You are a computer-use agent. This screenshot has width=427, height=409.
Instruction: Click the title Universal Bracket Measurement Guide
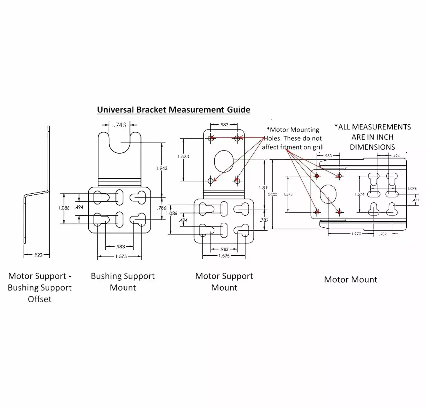[x=173, y=110]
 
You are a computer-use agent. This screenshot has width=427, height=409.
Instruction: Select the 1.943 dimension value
[x=162, y=168]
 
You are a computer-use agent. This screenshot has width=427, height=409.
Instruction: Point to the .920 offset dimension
[x=38, y=255]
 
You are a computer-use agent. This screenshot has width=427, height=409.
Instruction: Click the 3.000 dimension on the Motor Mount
[x=272, y=194]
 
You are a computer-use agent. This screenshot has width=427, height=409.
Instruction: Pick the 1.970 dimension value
[x=356, y=234]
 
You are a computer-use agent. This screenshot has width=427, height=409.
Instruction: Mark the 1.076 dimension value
[x=412, y=188]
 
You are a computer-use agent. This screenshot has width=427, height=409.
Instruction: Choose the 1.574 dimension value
[x=360, y=194]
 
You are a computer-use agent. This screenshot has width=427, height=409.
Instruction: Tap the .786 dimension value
[x=162, y=208]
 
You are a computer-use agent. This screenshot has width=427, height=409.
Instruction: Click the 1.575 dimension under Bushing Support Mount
[x=121, y=256]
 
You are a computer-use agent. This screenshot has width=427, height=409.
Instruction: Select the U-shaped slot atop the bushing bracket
[x=120, y=142]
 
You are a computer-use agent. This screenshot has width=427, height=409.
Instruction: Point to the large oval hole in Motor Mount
[x=328, y=194]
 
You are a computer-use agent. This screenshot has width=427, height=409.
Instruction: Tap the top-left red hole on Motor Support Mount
[x=211, y=138]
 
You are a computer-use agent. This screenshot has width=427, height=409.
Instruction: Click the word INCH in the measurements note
[x=385, y=137]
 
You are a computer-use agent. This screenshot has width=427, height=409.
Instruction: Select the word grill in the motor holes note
[x=318, y=147]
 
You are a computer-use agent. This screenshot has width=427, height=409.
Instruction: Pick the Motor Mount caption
[x=350, y=279]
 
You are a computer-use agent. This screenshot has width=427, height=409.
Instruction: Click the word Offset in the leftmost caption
[x=40, y=299]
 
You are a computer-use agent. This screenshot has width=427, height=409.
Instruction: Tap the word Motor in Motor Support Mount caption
[x=207, y=276]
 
